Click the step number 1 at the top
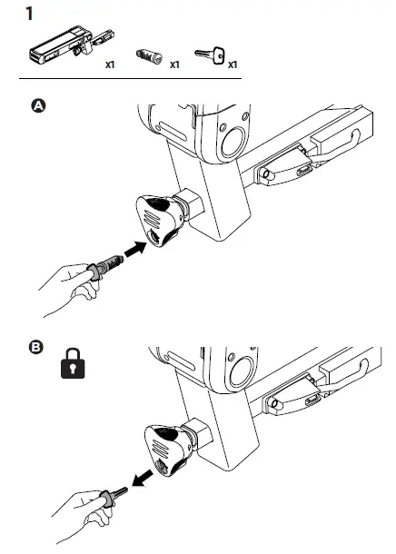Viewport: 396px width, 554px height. pyautogui.click(x=30, y=14)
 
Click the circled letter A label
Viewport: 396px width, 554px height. pyautogui.click(x=38, y=105)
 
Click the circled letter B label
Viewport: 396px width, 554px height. pyautogui.click(x=35, y=347)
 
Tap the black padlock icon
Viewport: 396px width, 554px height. pyautogui.click(x=73, y=363)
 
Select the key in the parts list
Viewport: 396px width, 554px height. pyautogui.click(x=210, y=54)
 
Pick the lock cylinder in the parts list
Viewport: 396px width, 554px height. pyautogui.click(x=149, y=55)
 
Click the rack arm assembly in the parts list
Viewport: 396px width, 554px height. pyautogui.click(x=71, y=45)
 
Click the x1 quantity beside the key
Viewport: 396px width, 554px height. pyautogui.click(x=233, y=64)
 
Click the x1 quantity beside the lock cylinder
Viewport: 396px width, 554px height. pyautogui.click(x=174, y=64)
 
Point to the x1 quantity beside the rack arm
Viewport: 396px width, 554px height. pyautogui.click(x=110, y=64)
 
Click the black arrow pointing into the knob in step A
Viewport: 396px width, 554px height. pyautogui.click(x=135, y=249)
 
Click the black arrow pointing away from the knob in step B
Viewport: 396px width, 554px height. pyautogui.click(x=143, y=479)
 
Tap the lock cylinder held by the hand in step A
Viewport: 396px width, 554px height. pyautogui.click(x=105, y=267)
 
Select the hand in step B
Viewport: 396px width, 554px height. pyautogui.click(x=81, y=516)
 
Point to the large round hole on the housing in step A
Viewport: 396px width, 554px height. pyautogui.click(x=233, y=142)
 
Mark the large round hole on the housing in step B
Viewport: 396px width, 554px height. pyautogui.click(x=242, y=371)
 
